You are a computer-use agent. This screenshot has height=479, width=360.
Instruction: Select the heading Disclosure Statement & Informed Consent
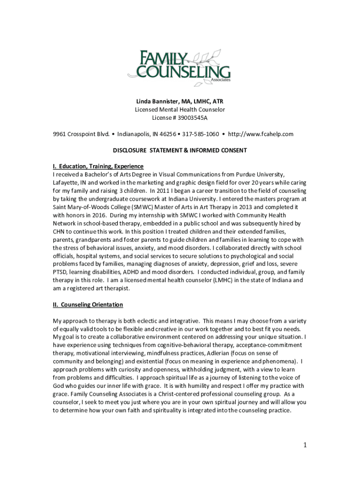pos(180,151)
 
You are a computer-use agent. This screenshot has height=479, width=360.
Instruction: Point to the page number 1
pos(304,445)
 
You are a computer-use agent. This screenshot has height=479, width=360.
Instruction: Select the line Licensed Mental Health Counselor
pos(180,109)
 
